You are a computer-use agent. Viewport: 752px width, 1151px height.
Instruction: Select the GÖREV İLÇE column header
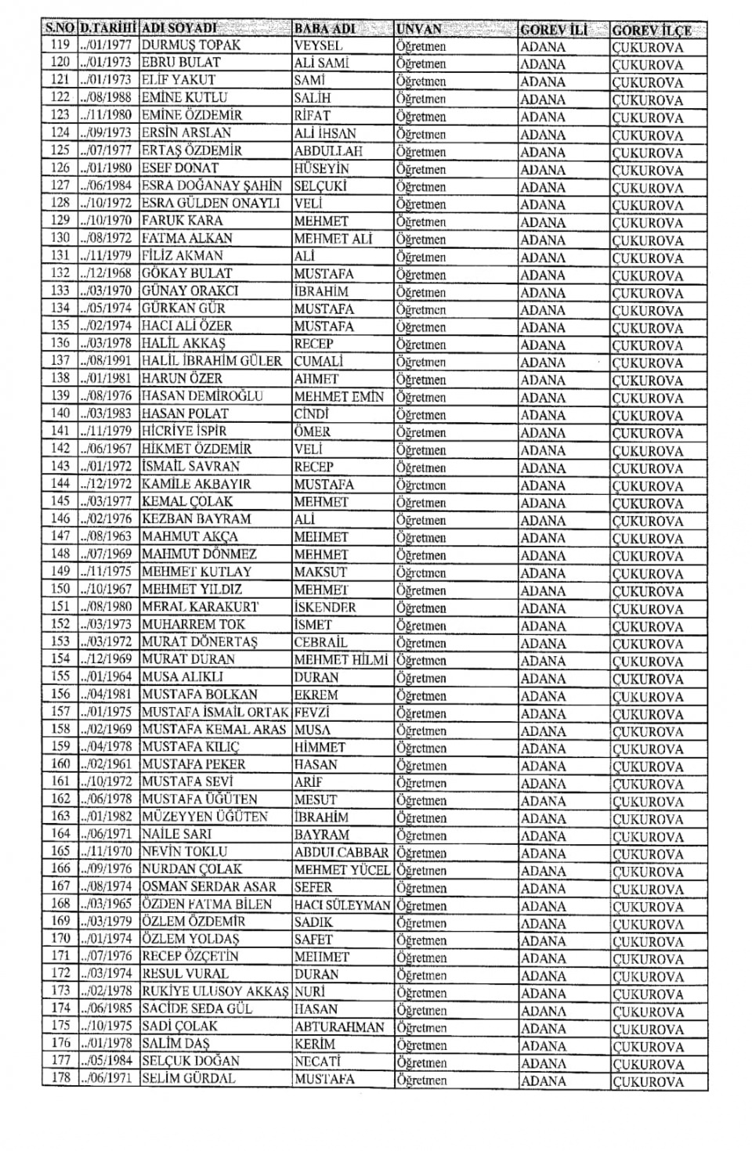coord(652,30)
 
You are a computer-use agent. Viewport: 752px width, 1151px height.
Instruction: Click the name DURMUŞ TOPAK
coord(191,45)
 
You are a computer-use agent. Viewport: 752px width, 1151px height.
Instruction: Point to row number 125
coord(60,150)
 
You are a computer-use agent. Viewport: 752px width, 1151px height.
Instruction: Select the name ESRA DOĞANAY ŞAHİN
coord(211,186)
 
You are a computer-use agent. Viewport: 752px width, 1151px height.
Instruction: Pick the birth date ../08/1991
coord(108,361)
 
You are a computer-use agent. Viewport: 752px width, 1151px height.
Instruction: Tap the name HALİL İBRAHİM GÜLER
coord(211,361)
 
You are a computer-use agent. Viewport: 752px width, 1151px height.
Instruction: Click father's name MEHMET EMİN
coord(339,396)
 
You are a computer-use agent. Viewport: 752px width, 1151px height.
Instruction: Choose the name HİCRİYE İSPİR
coord(184,431)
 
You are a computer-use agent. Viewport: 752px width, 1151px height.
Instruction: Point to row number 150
coord(60,589)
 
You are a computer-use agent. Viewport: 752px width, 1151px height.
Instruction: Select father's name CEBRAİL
coord(321,642)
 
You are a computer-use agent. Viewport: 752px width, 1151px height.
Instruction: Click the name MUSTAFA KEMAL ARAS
coord(214,729)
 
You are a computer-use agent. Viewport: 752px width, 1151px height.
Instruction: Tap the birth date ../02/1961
coord(108,764)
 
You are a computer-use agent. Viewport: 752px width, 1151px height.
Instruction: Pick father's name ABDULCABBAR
coord(342,852)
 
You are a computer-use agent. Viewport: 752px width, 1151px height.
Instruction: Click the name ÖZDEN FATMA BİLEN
coord(207,904)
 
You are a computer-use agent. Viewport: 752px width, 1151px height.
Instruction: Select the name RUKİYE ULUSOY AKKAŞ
coord(215,991)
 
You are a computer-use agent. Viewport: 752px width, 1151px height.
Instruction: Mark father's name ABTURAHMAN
coord(340,1027)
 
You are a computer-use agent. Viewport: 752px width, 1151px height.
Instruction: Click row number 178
coord(60,1078)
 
